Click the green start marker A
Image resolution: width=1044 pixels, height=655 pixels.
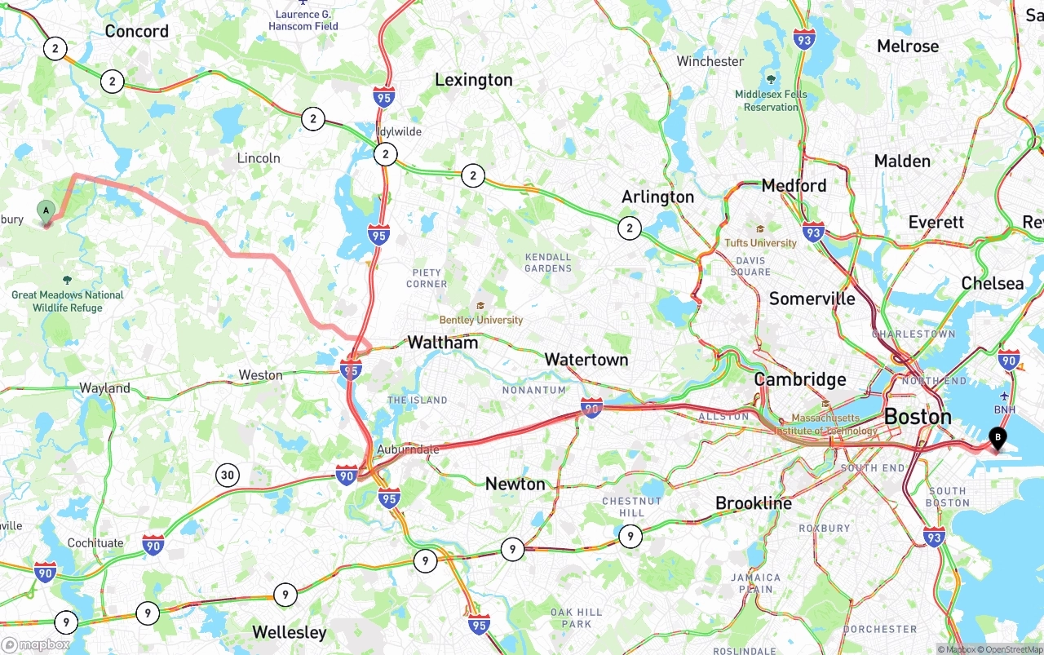click(46, 211)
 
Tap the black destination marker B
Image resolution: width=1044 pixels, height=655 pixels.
click(996, 438)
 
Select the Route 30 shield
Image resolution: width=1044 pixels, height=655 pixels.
click(228, 475)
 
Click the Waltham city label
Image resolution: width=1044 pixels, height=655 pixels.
click(442, 343)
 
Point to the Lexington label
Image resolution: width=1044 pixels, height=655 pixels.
click(473, 80)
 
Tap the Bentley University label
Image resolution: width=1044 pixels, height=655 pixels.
click(480, 320)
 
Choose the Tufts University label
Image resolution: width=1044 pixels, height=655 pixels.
click(760, 243)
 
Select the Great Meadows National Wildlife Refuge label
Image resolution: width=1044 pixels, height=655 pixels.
click(68, 301)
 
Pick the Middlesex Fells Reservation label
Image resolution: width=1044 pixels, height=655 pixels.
click(771, 100)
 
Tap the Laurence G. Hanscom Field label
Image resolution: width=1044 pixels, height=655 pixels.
click(303, 20)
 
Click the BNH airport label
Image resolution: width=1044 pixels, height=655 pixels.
click(1005, 409)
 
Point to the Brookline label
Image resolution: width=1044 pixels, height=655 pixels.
click(753, 503)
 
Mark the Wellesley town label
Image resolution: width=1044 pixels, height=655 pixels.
click(289, 632)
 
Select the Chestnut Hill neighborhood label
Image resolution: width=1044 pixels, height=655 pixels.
click(631, 507)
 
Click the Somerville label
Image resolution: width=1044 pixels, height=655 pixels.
click(812, 299)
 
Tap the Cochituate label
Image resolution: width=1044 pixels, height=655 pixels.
click(95, 543)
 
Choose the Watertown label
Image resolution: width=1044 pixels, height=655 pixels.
click(586, 360)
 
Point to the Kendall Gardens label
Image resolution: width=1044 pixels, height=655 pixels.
click(547, 263)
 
